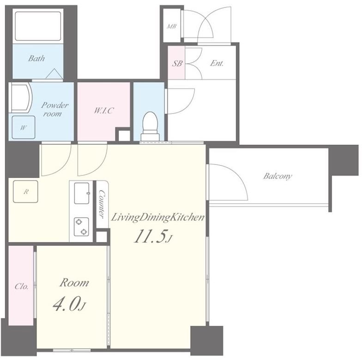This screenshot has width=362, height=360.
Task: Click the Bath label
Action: click(x=36, y=58)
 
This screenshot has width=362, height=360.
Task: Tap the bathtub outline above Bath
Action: click(x=38, y=26)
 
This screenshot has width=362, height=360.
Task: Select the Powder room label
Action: click(x=54, y=109)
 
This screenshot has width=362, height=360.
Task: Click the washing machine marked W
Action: click(x=23, y=127)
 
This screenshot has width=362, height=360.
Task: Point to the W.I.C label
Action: click(x=103, y=111)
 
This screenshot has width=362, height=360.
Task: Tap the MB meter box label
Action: click(x=172, y=26)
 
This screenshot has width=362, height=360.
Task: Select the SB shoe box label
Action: click(x=177, y=63)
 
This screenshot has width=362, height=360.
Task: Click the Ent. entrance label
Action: click(x=217, y=63)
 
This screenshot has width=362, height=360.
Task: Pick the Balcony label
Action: click(x=278, y=176)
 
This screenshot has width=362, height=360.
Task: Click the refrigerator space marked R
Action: click(x=25, y=192)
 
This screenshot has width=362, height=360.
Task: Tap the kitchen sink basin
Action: click(x=82, y=193)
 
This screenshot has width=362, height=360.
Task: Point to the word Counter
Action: click(x=102, y=204)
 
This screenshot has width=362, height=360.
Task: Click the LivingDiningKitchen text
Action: click(x=158, y=218)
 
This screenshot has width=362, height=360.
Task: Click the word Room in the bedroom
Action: click(x=74, y=283)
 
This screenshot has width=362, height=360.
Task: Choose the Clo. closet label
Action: click(x=21, y=286)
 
